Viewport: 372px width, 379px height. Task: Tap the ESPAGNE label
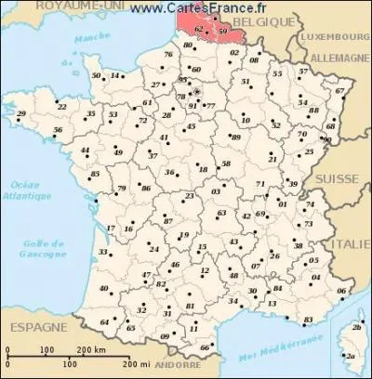point(30,329)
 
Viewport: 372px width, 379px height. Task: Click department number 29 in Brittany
point(20,114)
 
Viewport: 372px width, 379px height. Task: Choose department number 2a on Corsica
point(351,354)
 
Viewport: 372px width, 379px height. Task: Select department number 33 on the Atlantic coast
point(102,252)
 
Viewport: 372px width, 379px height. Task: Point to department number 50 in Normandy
point(96,75)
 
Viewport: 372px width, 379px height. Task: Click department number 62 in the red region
point(197,31)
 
